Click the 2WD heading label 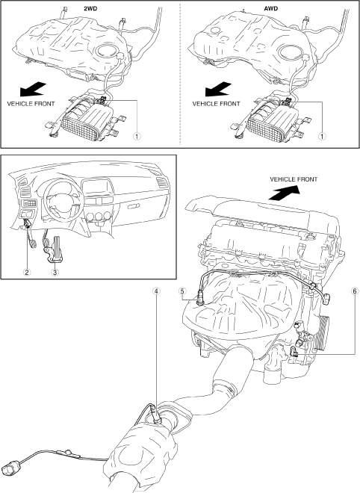90,9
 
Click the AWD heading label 270,9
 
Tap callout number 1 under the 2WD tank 137,137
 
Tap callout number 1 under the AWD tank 322,137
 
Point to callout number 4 156,291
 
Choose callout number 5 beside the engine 182,291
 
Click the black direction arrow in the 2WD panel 33,89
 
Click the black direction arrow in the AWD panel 218,89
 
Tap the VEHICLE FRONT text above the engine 294,179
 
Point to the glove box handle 134,205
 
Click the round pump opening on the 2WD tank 107,51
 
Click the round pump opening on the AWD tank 291,52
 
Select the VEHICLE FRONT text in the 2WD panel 31,103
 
